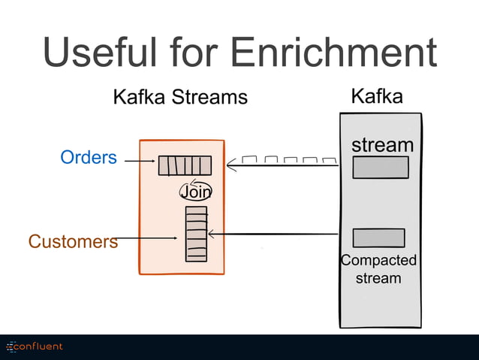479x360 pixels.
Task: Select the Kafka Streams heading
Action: pyautogui.click(x=179, y=97)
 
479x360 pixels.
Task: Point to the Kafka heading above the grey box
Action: pyautogui.click(x=377, y=96)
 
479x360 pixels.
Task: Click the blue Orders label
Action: pyautogui.click(x=89, y=157)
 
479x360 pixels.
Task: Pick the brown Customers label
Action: pyautogui.click(x=73, y=241)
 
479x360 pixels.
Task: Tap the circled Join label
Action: pyautogui.click(x=195, y=192)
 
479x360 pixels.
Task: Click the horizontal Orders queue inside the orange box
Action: pyautogui.click(x=185, y=165)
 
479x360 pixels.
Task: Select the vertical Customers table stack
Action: pyautogui.click(x=196, y=234)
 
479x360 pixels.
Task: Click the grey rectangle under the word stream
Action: pyautogui.click(x=380, y=168)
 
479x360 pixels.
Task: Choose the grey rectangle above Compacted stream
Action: pyautogui.click(x=378, y=237)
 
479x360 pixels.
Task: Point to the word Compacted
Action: pyautogui.click(x=378, y=261)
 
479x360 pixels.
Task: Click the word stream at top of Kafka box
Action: pyautogui.click(x=382, y=144)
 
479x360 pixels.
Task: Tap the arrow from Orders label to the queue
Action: pyautogui.click(x=140, y=161)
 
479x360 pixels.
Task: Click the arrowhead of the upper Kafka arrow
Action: pyautogui.click(x=230, y=163)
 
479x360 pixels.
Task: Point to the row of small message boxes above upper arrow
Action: pyautogui.click(x=289, y=159)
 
